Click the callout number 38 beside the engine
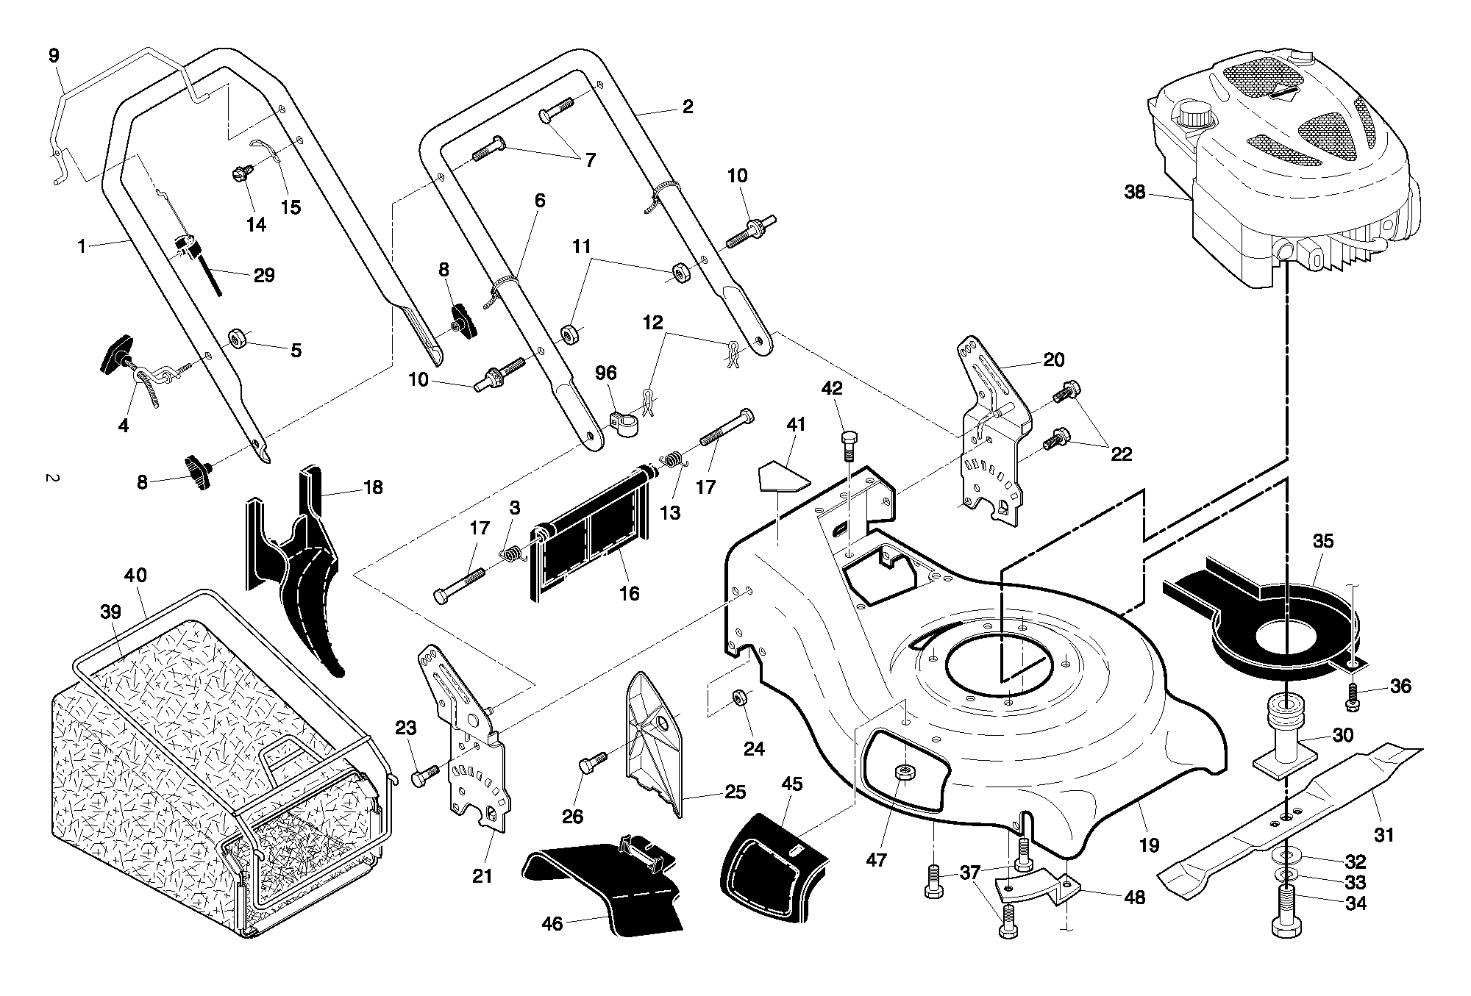coord(1135,193)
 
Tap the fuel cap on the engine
coord(1196,116)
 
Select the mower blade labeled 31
coord(1289,817)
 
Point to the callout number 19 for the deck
coord(1148,845)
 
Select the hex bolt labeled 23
coord(425,774)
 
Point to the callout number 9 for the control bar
coord(54,56)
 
